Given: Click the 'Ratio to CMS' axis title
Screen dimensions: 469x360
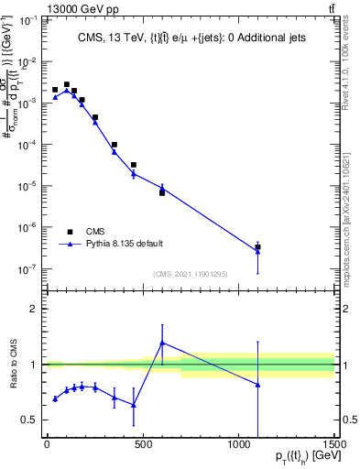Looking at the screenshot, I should coord(10,365).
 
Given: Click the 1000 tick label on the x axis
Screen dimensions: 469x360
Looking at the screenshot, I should coord(239,444).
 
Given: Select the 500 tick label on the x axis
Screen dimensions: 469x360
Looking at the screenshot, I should coord(143,444).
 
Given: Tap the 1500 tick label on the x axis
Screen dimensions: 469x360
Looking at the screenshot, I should coord(335,444).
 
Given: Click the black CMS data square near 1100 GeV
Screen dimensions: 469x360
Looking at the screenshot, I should coord(258,247).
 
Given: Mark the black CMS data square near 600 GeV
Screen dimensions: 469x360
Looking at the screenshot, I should coord(162,192).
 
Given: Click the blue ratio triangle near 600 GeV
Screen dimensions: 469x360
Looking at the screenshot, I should coord(162,343).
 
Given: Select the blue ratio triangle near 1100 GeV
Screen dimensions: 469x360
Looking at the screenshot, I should coord(258,385).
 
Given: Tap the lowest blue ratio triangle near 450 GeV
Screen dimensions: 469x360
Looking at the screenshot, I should coord(134,404).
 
